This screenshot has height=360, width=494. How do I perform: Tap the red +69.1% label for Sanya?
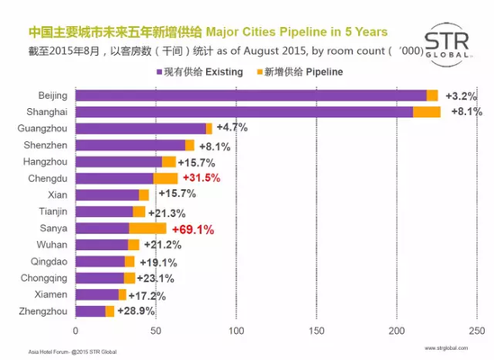click(x=192, y=229)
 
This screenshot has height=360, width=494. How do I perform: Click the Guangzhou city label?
click(x=43, y=129)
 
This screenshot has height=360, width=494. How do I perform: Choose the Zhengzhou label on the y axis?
click(x=43, y=311)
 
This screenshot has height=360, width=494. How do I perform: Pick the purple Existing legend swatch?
click(x=157, y=70)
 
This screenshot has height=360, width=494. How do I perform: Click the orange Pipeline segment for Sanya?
click(x=148, y=229)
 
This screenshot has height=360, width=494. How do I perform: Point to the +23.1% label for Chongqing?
click(x=156, y=278)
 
